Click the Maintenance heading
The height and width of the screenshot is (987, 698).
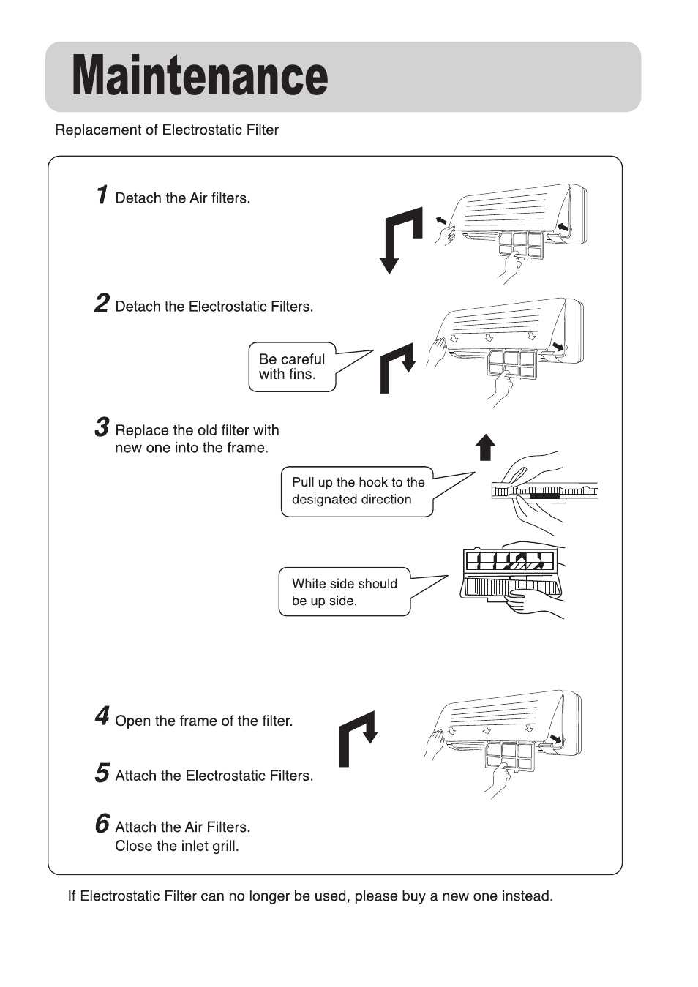pos(200,76)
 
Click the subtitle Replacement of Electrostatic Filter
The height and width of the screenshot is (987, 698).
pos(167,130)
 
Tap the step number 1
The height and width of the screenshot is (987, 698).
pos(102,195)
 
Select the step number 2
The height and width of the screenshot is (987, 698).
pos(102,304)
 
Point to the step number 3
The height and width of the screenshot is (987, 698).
pos(102,427)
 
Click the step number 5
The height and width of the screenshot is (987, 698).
pos(102,773)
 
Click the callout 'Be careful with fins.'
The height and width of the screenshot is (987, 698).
pos(292,367)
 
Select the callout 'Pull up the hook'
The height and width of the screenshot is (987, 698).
pos(358,492)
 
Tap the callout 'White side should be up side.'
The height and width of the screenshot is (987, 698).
pos(344,593)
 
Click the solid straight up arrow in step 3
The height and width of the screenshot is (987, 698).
pos(485,446)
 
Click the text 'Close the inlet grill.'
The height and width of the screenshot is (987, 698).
pos(177,847)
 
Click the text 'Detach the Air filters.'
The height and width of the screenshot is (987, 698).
pos(183,198)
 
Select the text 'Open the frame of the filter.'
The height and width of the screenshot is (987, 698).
pos(204,721)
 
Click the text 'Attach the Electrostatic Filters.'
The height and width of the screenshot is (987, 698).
pos(214,776)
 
